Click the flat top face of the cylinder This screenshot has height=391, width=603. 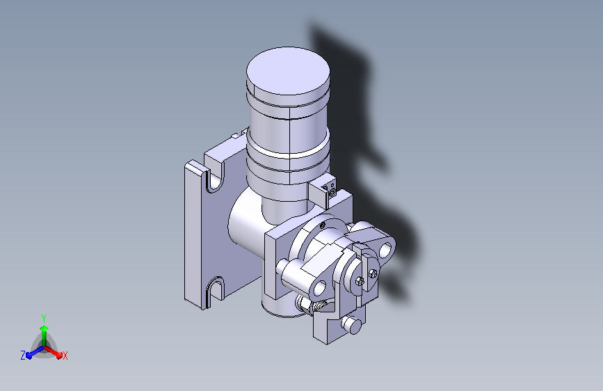pyautogui.click(x=288, y=71)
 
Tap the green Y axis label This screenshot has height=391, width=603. pyautogui.click(x=44, y=319)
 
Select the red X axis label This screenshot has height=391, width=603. pyautogui.click(x=65, y=356)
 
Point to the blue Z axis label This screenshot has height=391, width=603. pyautogui.click(x=23, y=356)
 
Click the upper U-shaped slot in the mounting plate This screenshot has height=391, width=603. pyautogui.click(x=216, y=180)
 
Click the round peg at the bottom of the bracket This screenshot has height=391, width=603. pyautogui.click(x=352, y=324)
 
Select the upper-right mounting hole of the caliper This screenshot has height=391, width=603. pyautogui.click(x=385, y=250)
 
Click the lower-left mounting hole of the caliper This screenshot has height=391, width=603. pyautogui.click(x=320, y=287)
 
